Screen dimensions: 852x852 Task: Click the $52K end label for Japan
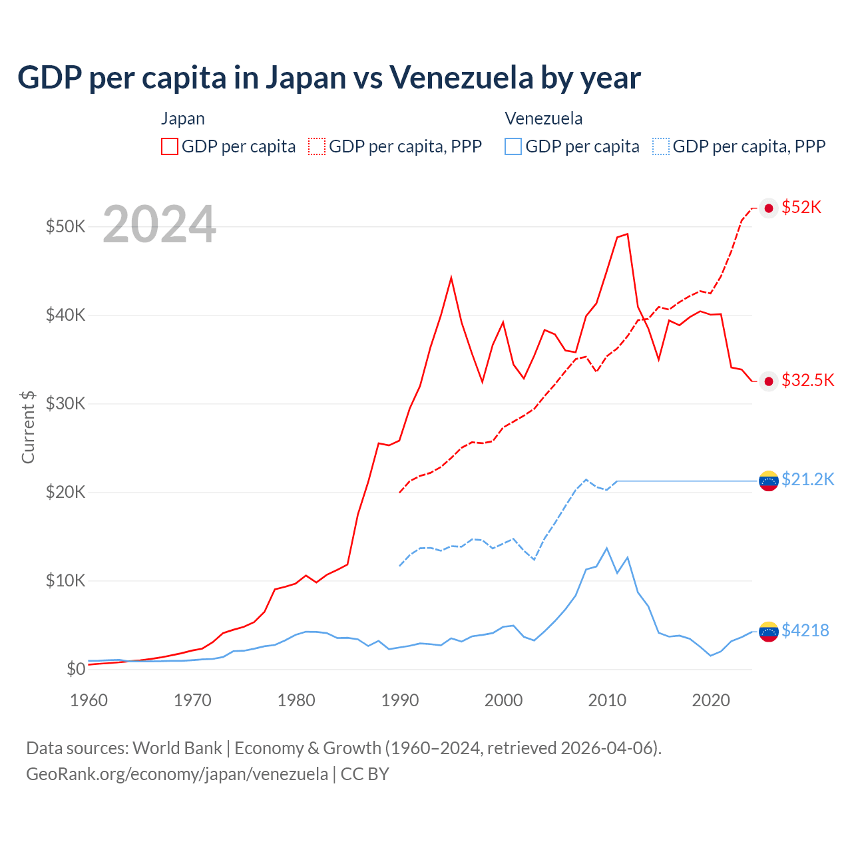tap(801, 208)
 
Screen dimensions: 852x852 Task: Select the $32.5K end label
tap(807, 380)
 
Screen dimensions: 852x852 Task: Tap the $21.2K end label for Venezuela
tap(807, 479)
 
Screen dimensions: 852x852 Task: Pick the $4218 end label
tap(805, 630)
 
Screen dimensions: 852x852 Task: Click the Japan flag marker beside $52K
tap(769, 208)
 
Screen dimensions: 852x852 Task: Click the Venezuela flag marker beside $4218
tap(769, 631)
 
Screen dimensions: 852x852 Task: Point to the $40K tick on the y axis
tap(65, 315)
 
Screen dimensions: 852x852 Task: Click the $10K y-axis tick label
tap(65, 580)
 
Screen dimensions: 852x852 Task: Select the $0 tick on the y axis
tap(76, 669)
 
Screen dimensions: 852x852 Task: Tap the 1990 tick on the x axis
tap(400, 700)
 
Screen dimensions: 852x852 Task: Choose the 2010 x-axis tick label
tap(607, 700)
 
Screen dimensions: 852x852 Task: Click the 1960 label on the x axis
tap(89, 700)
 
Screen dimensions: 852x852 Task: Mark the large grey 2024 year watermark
tap(159, 224)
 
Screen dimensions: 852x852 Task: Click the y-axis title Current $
tap(28, 427)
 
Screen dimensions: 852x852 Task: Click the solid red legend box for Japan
tap(170, 146)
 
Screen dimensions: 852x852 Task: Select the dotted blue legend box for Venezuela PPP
tap(661, 146)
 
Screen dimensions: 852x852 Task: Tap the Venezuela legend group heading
tap(543, 118)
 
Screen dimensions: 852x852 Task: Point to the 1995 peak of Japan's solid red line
tap(451, 278)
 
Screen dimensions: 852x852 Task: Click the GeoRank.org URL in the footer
tap(177, 774)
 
